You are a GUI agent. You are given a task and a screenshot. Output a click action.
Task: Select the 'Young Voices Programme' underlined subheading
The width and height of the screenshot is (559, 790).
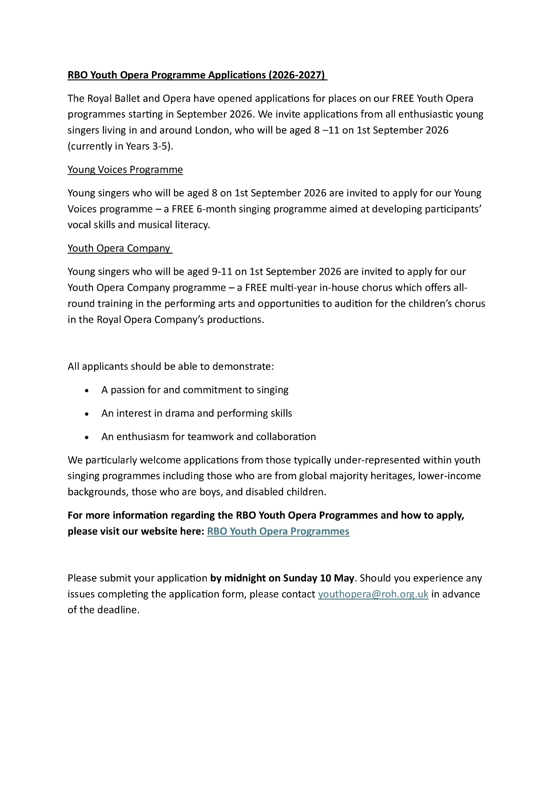(x=125, y=169)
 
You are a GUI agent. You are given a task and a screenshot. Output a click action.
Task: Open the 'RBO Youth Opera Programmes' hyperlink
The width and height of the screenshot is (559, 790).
(x=278, y=531)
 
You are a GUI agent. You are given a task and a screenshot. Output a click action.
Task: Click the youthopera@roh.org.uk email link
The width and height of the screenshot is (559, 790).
(x=373, y=594)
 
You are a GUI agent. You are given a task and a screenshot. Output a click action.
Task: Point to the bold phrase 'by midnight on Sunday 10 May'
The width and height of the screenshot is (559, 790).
(x=282, y=578)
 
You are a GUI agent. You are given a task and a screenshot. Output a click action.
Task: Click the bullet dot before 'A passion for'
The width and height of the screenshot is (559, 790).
(x=87, y=390)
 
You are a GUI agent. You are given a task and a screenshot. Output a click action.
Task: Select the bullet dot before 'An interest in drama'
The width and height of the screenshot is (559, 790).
(x=87, y=414)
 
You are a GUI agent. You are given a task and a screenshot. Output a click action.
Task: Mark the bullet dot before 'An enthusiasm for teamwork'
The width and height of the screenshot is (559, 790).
(x=87, y=437)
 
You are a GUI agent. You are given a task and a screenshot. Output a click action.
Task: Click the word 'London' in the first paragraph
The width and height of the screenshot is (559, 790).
(x=212, y=130)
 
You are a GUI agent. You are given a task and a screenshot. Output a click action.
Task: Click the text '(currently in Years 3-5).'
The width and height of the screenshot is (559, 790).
(x=121, y=146)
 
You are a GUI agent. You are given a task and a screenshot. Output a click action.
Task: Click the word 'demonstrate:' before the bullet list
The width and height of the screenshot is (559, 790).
(x=243, y=367)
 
